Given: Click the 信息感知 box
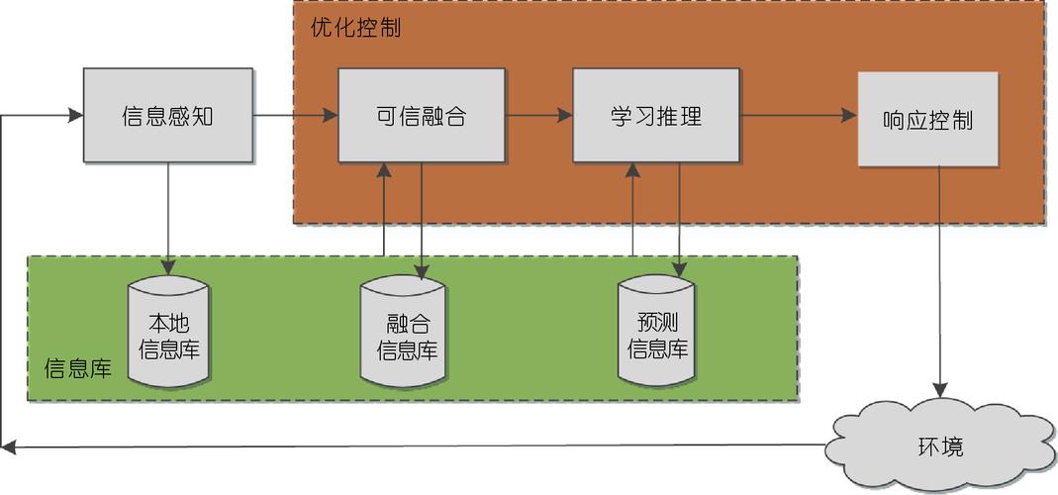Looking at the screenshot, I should pyautogui.click(x=168, y=116).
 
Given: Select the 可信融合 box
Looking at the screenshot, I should pyautogui.click(x=422, y=116).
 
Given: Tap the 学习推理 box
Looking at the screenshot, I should pyautogui.click(x=656, y=116).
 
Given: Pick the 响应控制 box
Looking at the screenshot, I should pyautogui.click(x=927, y=120).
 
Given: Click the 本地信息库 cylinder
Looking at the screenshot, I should pyautogui.click(x=168, y=335).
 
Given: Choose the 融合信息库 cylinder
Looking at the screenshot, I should pyautogui.click(x=402, y=335).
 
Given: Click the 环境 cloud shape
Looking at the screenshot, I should pyautogui.click(x=939, y=446).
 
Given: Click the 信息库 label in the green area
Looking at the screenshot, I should pyautogui.click(x=78, y=369).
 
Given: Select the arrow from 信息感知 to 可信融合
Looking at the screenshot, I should pyautogui.click(x=295, y=116).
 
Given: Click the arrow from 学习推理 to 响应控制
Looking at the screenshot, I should pyautogui.click(x=799, y=116).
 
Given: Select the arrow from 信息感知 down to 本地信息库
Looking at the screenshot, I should pyautogui.click(x=168, y=218).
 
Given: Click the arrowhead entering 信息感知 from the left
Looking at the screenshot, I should pyautogui.click(x=73, y=116).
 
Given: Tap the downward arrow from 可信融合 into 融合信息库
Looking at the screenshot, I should pyautogui.click(x=423, y=223).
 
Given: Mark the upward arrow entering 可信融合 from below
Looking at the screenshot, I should pyautogui.click(x=383, y=208).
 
